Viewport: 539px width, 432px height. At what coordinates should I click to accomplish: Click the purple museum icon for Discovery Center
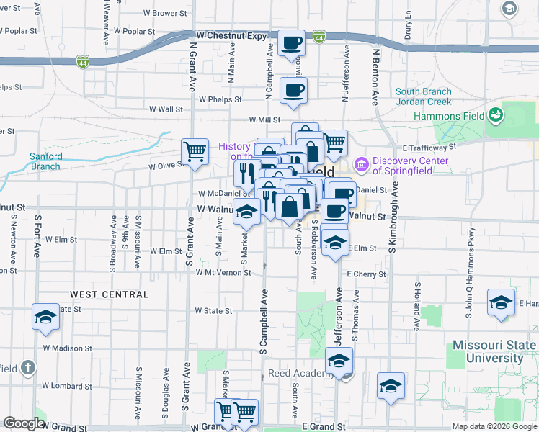[x=362, y=165]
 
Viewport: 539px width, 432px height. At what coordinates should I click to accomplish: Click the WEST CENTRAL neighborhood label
[x=110, y=294]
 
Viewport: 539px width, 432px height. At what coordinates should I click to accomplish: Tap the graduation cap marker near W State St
[x=45, y=317]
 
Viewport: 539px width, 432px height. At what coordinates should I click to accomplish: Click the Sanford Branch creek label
[x=45, y=161]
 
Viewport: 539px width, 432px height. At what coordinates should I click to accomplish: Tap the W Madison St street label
[x=67, y=348]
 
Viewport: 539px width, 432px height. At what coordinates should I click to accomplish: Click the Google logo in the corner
[x=24, y=423]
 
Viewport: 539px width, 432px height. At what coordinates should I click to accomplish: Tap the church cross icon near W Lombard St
[x=27, y=368]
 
